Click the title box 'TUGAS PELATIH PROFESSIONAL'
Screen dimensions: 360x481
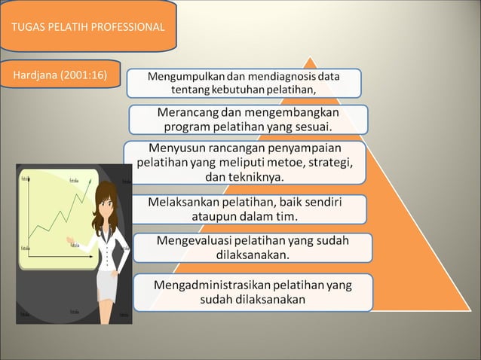click(87, 27)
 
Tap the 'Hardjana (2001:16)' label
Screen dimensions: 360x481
click(60, 75)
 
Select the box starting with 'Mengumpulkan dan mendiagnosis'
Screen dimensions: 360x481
click(243, 83)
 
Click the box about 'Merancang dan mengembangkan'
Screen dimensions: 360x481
click(248, 119)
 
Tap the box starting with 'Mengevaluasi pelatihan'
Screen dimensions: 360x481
click(252, 248)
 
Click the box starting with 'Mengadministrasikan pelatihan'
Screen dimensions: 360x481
click(253, 292)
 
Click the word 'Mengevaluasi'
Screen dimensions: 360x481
click(192, 240)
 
